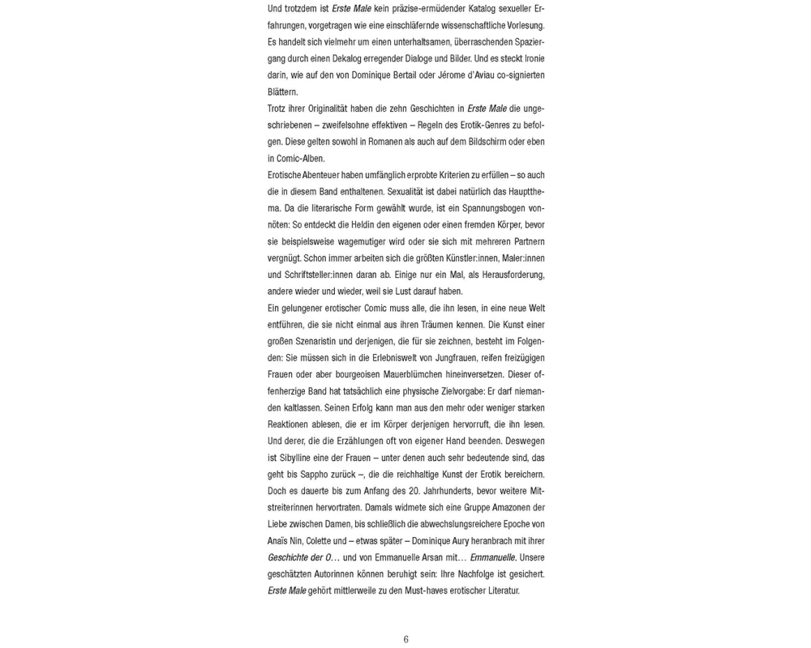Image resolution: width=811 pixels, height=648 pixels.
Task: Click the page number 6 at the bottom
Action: click(405, 639)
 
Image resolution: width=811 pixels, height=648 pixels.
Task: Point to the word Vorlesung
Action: click(523, 25)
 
